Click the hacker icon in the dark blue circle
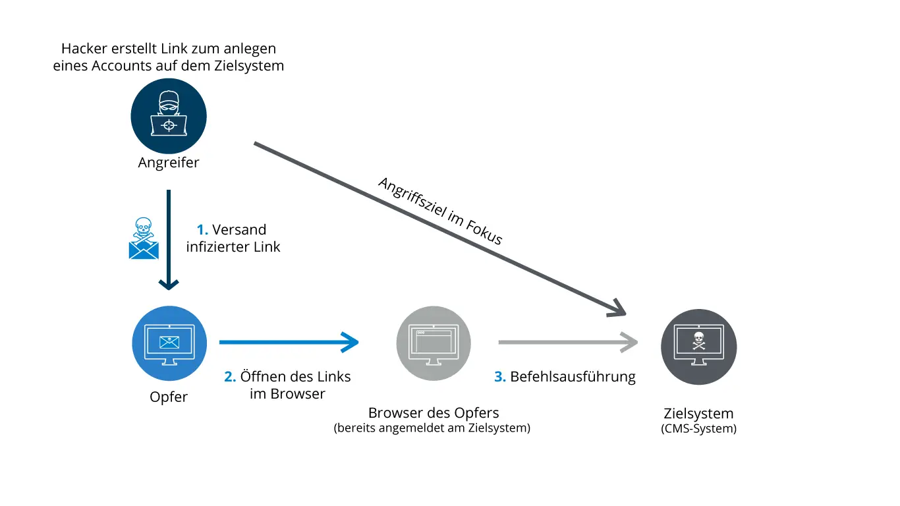point(169,117)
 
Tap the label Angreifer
point(169,163)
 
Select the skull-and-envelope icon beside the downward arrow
point(144,239)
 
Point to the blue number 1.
point(202,230)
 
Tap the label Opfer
point(169,397)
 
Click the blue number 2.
point(229,377)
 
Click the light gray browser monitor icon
point(434,343)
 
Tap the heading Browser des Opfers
point(434,413)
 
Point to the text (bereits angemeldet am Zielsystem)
point(432,428)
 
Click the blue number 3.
point(500,377)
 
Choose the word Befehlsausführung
point(573,377)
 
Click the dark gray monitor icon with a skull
point(698,343)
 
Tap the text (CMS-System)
point(698,429)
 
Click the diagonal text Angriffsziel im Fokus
point(440,211)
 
